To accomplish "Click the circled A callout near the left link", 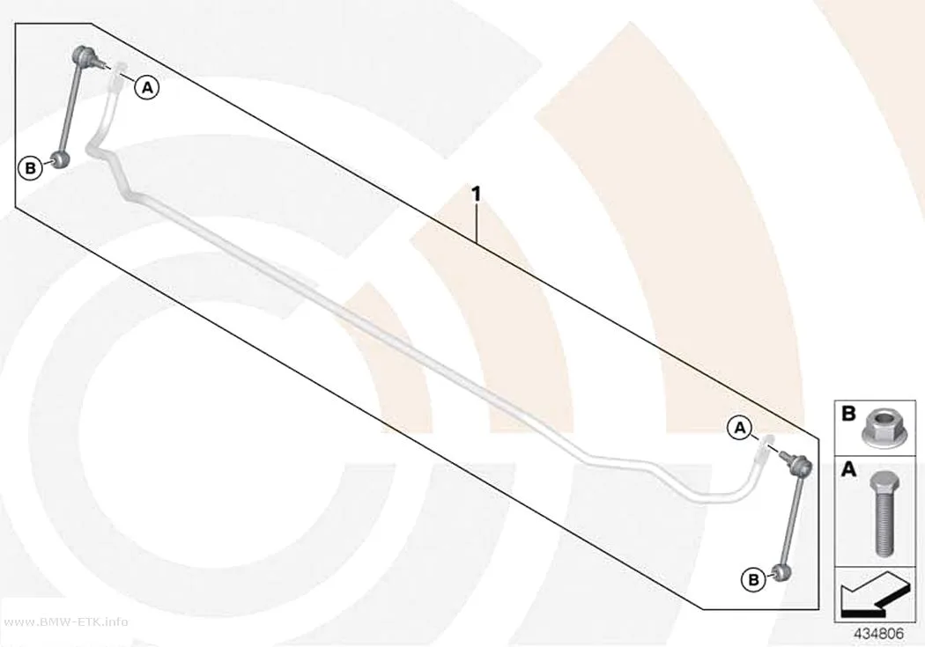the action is click(x=147, y=88).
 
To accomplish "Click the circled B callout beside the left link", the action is click(x=30, y=168).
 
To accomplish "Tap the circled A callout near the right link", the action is click(x=740, y=429).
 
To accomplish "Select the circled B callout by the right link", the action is click(x=753, y=580).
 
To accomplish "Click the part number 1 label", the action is click(x=476, y=194).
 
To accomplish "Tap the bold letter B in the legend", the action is click(x=848, y=414).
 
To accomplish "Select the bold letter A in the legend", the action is click(x=848, y=470).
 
